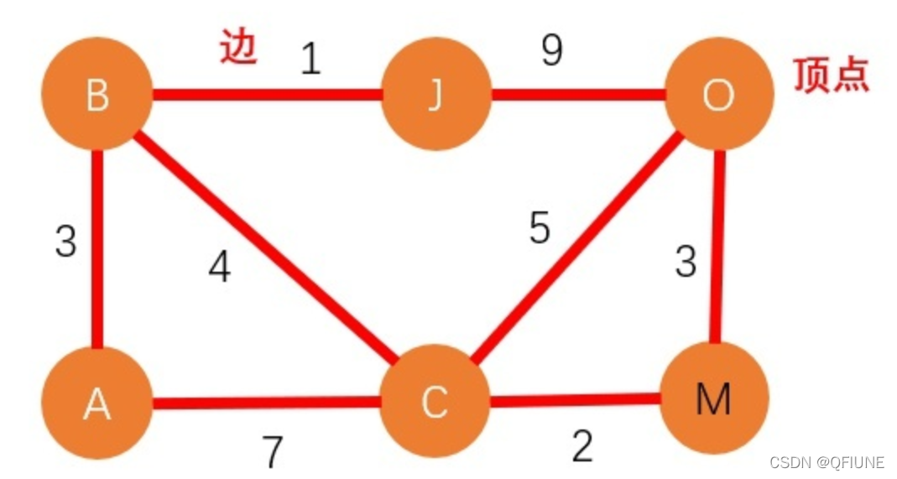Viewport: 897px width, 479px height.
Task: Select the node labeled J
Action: pyautogui.click(x=435, y=96)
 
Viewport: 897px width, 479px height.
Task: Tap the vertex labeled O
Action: pyautogui.click(x=717, y=96)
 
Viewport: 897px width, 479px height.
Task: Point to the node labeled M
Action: pyautogui.click(x=713, y=398)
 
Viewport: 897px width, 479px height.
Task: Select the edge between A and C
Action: pyautogui.click(x=267, y=404)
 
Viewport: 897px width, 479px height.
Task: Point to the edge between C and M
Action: pyautogui.click(x=575, y=401)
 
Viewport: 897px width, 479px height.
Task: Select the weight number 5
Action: pyautogui.click(x=540, y=228)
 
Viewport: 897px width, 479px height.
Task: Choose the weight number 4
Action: pyautogui.click(x=220, y=268)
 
